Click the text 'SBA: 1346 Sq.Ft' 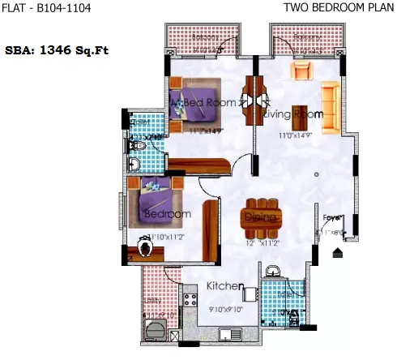58,49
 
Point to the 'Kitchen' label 226,286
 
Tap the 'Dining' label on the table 260,217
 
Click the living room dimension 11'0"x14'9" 296,135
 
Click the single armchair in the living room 302,72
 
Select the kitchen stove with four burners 192,306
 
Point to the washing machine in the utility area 153,328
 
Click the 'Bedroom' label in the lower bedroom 167,214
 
